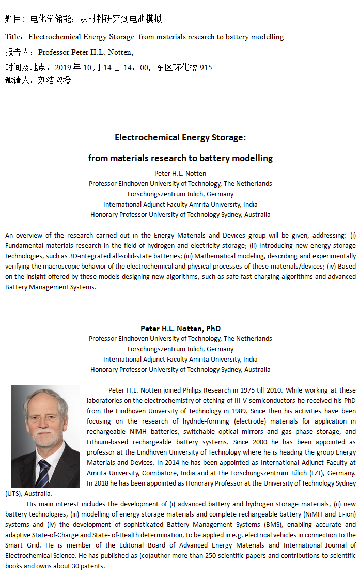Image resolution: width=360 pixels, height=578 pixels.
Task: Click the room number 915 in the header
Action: [206, 68]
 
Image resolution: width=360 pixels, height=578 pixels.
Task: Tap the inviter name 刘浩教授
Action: [54, 80]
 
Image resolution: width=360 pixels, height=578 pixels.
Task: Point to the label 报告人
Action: [18, 52]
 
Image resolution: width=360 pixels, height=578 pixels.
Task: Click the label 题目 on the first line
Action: [13, 19]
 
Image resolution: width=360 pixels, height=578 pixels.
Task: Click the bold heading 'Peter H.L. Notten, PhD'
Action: [180, 329]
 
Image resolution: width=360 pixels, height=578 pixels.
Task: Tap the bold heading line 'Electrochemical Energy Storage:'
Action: [180, 137]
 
